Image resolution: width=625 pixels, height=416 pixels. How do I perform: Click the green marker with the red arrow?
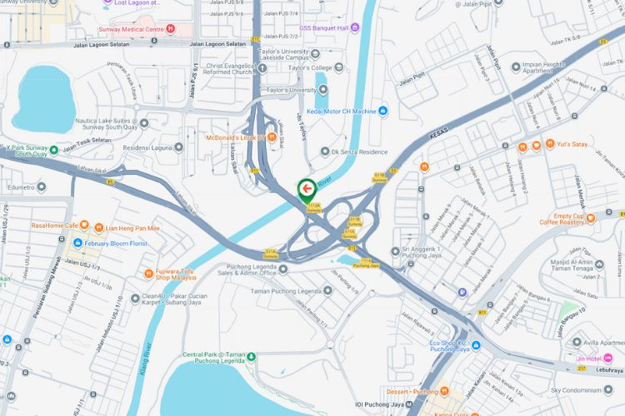pos(306,188)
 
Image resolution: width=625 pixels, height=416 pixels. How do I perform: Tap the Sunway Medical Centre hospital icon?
pos(171,28)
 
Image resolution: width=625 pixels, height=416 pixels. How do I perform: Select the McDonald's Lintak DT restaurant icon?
pos(272,136)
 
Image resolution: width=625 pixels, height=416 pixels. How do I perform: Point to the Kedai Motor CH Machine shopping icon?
pos(383,111)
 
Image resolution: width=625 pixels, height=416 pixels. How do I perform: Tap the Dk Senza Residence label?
pos(360,151)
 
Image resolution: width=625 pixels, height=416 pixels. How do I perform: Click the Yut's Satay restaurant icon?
pos(550,144)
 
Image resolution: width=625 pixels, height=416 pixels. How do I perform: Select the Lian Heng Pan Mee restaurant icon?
pos(97,227)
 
